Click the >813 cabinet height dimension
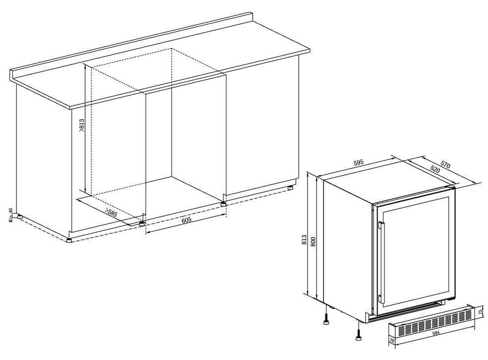pyautogui.click(x=82, y=125)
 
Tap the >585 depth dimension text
pyautogui.click(x=111, y=213)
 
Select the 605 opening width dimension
pyautogui.click(x=186, y=220)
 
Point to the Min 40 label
pyautogui.click(x=10, y=215)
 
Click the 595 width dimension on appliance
pyautogui.click(x=358, y=163)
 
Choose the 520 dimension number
pyautogui.click(x=435, y=169)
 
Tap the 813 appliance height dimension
pyautogui.click(x=305, y=240)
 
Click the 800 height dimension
pyautogui.click(x=314, y=242)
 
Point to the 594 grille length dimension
pyautogui.click(x=435, y=333)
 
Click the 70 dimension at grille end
pyautogui.click(x=392, y=342)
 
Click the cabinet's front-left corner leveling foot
pyautogui.click(x=68, y=240)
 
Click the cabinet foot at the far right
pyautogui.click(x=291, y=187)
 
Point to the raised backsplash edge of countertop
pyautogui.click(x=131, y=44)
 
